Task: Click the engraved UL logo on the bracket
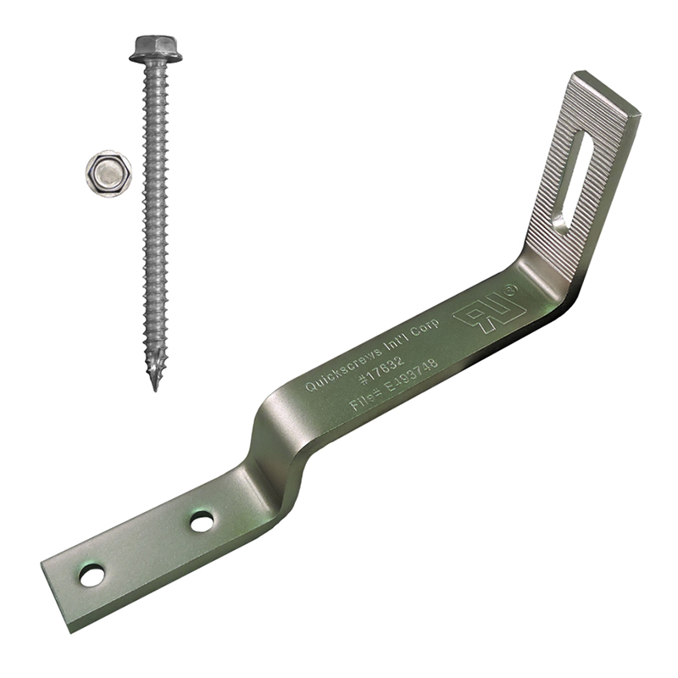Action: (x=481, y=316)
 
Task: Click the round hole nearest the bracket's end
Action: (x=92, y=576)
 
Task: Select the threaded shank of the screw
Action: (x=155, y=212)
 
